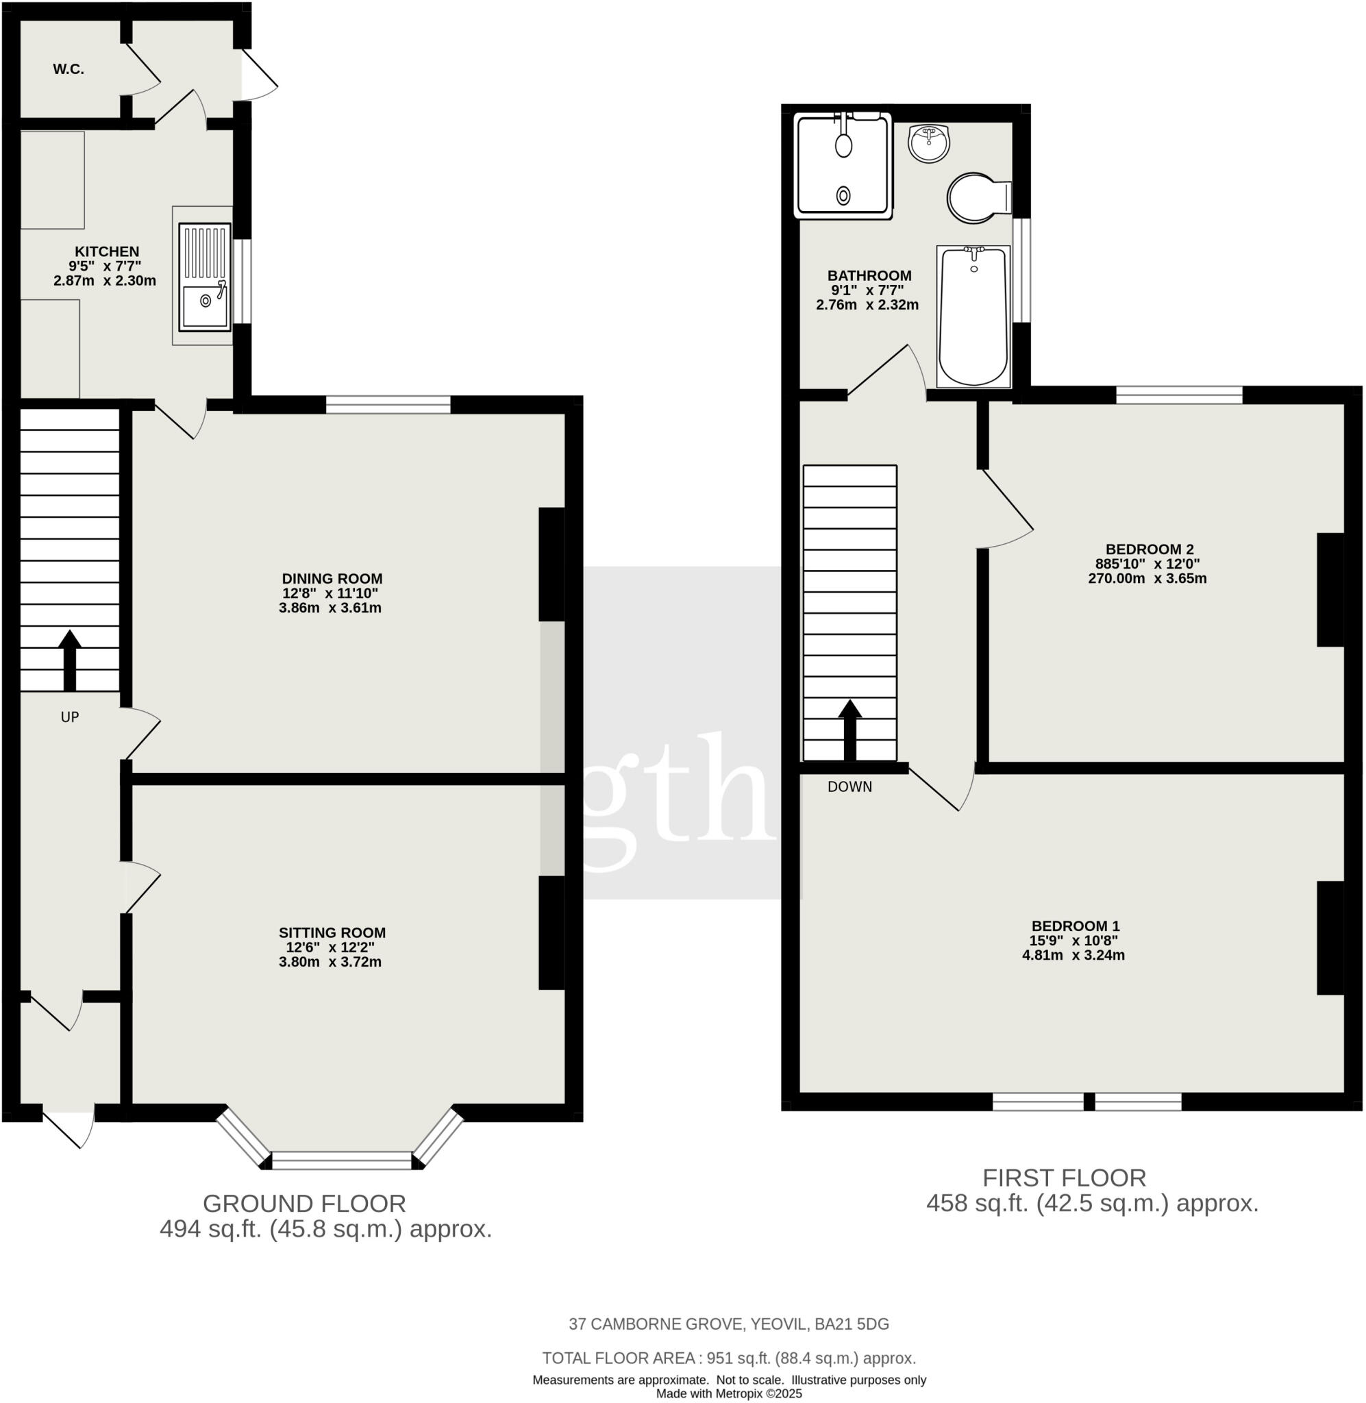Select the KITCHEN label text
point(107,252)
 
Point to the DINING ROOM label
point(332,579)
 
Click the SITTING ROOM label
point(332,933)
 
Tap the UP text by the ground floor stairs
point(70,717)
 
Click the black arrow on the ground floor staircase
point(70,660)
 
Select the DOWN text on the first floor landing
point(849,787)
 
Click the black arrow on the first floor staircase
point(850,730)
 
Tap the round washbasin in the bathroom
point(929,142)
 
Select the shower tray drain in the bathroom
point(844,195)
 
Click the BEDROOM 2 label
point(1150,550)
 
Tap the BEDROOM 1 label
point(1075,927)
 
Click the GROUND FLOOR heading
point(304,1204)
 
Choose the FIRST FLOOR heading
point(1064,1178)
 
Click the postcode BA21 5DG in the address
point(852,1325)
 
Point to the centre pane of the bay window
point(343,1160)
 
